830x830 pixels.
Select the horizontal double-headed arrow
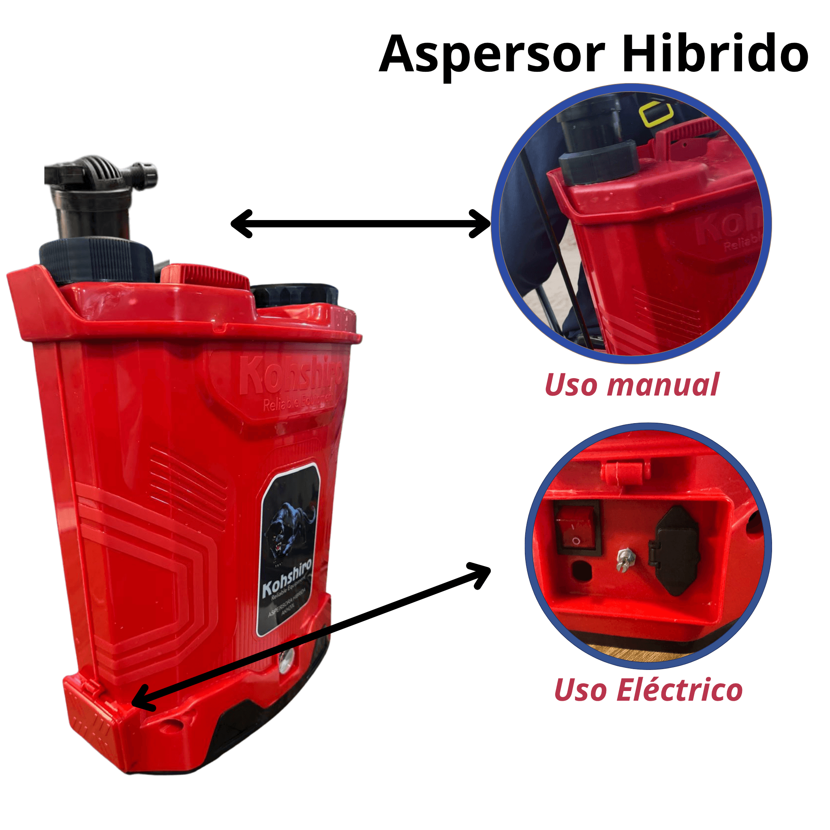tap(361, 224)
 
